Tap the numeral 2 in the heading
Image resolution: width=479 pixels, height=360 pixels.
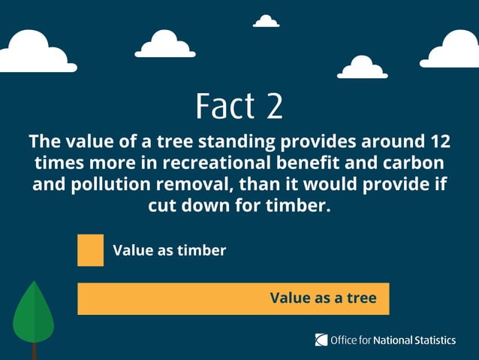pyautogui.click(x=274, y=106)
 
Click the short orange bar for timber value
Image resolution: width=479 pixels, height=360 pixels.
pyautogui.click(x=90, y=250)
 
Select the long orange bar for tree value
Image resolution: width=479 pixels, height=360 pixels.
pyautogui.click(x=173, y=298)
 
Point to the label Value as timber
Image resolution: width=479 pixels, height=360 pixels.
pyautogui.click(x=169, y=250)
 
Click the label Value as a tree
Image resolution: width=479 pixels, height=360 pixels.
pyautogui.click(x=323, y=298)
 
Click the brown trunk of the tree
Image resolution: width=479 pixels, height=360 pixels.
pyautogui.click(x=34, y=351)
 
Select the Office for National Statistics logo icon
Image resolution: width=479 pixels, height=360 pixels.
pyautogui.click(x=321, y=340)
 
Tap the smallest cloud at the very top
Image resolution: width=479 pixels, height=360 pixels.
pyautogui.click(x=266, y=22)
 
